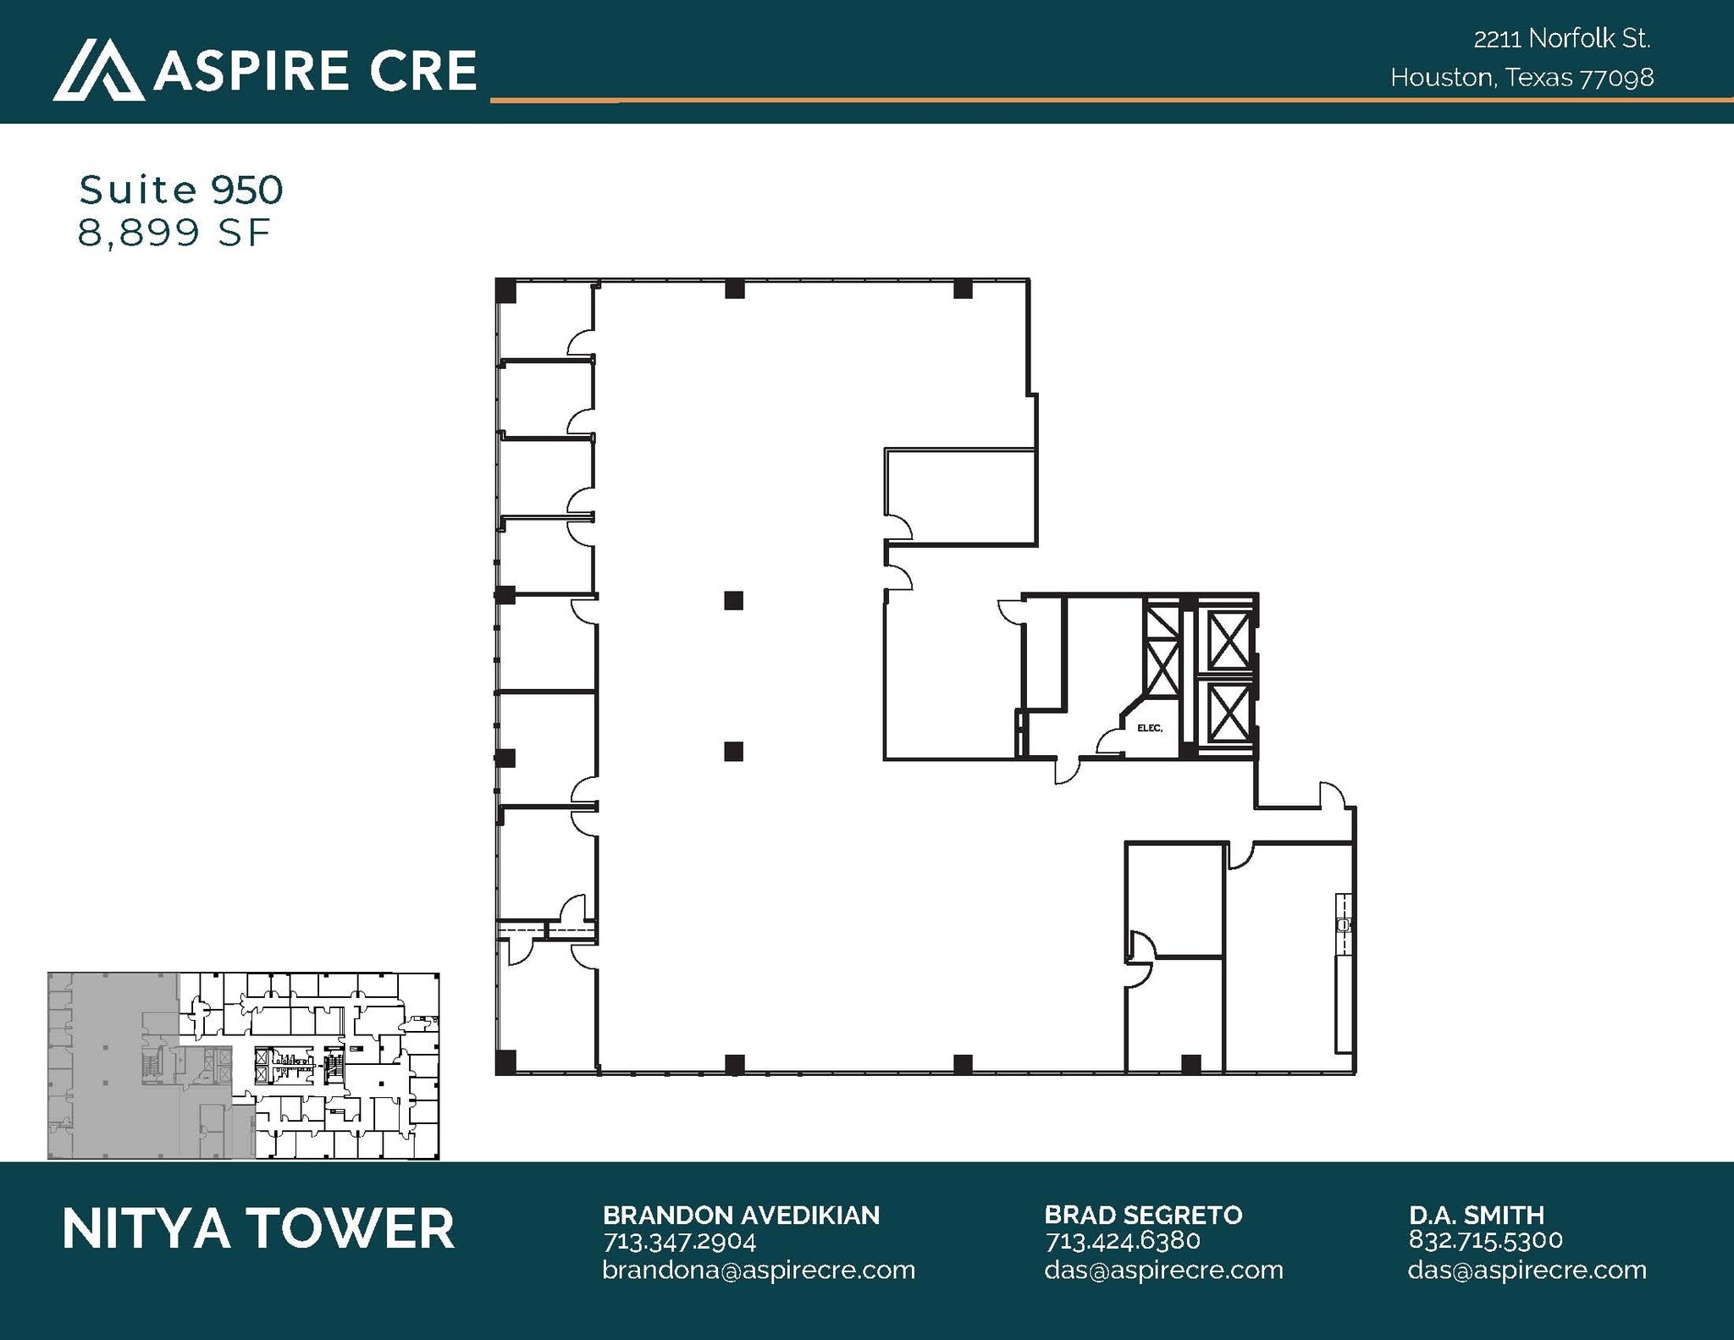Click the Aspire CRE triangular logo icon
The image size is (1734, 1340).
[x=97, y=71]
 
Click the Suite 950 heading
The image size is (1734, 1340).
[x=180, y=190]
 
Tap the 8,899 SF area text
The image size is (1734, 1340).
[x=174, y=232]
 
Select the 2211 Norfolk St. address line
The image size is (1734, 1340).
[x=1562, y=39]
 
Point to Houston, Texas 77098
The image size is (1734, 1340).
[x=1521, y=78]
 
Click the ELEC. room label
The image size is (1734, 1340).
[x=1150, y=728]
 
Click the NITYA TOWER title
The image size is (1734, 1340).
[x=258, y=1229]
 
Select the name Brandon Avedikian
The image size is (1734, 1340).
[x=741, y=1216]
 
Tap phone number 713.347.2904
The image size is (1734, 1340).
[x=679, y=1242]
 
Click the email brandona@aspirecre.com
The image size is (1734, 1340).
[x=759, y=1271]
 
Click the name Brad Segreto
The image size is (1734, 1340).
[x=1143, y=1216]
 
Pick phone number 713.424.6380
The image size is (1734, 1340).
[x=1123, y=1242]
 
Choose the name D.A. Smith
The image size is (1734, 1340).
[x=1477, y=1216]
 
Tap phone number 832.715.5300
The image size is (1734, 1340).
[x=1485, y=1240]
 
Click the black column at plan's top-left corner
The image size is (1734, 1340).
[x=505, y=290]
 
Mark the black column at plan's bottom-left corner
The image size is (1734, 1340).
[x=505, y=1062]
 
